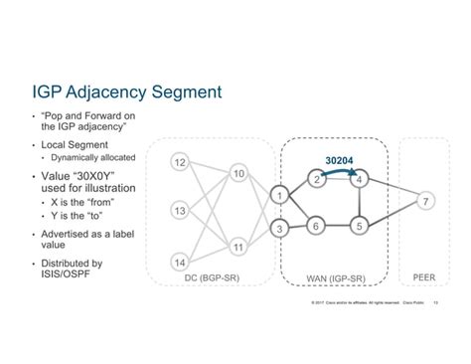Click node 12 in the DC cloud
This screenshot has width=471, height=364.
tap(179, 161)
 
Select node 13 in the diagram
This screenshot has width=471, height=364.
tap(179, 211)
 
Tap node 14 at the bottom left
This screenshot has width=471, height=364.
tap(179, 261)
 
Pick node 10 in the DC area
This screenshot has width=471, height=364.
tap(238, 174)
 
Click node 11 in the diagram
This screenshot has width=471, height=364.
tap(238, 245)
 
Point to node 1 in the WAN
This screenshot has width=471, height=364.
tap(281, 194)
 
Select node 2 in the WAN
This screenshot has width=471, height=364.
tap(315, 180)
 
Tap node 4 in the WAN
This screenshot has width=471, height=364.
tap(361, 180)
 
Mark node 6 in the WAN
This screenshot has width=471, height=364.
tap(315, 226)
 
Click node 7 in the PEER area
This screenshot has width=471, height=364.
tap(425, 202)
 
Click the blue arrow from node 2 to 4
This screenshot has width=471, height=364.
tap(338, 170)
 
